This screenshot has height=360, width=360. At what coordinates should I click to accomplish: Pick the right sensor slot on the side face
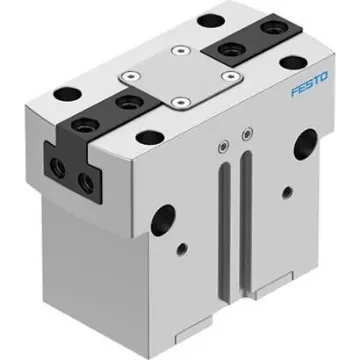[x=243, y=215]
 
